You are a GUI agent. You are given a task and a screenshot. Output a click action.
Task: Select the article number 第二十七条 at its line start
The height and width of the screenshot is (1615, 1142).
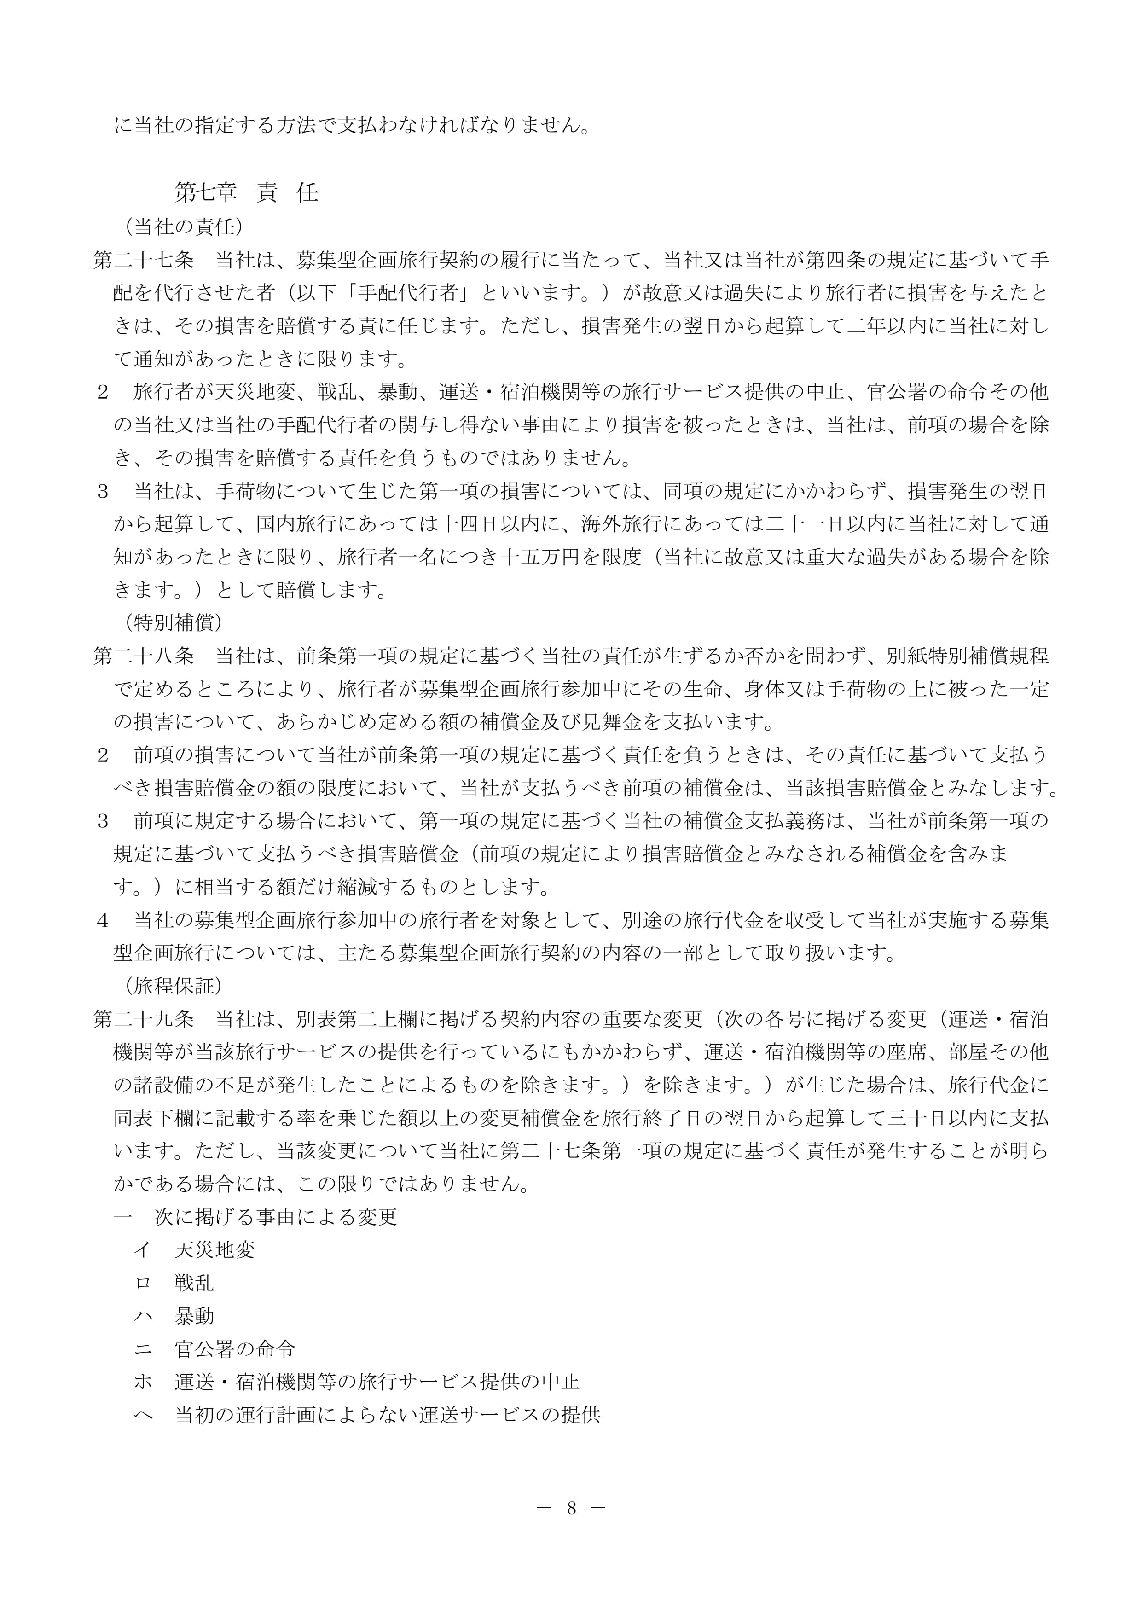(144, 260)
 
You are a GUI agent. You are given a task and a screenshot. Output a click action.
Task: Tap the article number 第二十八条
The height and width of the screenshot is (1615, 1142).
(144, 656)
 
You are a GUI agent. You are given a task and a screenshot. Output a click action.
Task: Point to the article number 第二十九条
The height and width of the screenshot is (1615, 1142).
(144, 1019)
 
